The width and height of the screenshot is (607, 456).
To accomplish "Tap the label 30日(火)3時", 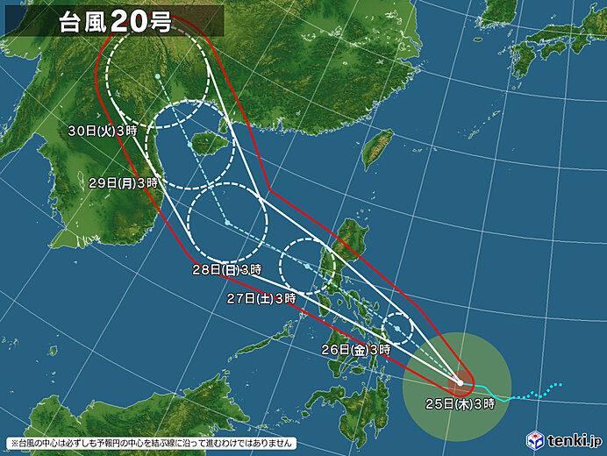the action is click(103, 131).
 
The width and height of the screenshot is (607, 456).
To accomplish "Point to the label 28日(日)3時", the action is click(227, 269).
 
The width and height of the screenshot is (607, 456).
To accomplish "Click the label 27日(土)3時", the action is click(261, 298).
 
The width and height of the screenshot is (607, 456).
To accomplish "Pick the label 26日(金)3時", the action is click(355, 349).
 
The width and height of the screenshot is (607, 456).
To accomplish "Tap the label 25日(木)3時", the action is click(461, 403).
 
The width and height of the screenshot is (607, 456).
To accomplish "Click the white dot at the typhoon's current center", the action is click(459, 382).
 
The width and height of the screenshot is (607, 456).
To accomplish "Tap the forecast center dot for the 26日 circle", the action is click(398, 329).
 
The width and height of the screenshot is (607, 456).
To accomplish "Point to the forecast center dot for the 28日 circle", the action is click(227, 223).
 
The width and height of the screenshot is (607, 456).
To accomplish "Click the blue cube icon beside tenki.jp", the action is click(535, 438).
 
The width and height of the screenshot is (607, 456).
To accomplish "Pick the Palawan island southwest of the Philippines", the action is click(263, 341).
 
